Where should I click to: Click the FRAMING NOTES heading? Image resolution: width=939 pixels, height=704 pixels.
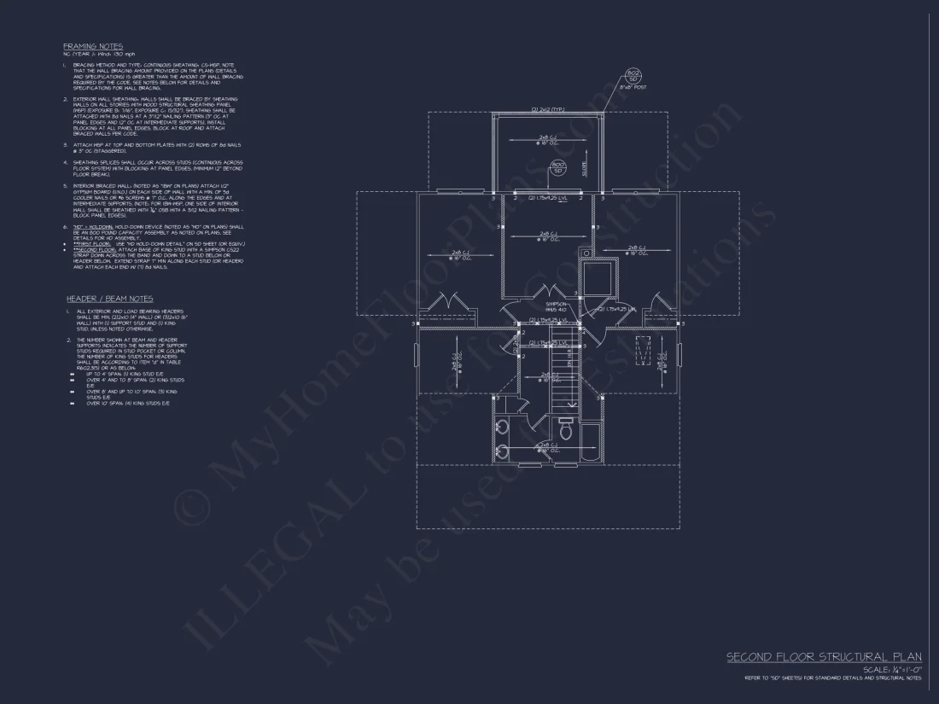tap(92, 46)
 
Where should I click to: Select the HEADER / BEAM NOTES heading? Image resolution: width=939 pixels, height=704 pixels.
tap(109, 299)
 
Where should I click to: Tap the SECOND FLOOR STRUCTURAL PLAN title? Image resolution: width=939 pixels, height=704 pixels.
tap(824, 656)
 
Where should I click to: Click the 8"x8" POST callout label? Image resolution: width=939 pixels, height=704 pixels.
tap(632, 86)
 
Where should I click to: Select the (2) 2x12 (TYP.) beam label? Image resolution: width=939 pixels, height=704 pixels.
tap(548, 110)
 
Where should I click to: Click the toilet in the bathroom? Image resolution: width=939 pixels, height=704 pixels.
tap(565, 423)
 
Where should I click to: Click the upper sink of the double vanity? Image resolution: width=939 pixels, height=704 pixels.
tap(501, 426)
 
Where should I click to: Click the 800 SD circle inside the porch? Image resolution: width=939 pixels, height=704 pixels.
tap(558, 166)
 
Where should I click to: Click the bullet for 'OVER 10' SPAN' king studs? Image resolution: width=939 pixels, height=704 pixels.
tap(72, 403)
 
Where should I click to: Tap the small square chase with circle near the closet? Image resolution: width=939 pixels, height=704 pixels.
tap(586, 253)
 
